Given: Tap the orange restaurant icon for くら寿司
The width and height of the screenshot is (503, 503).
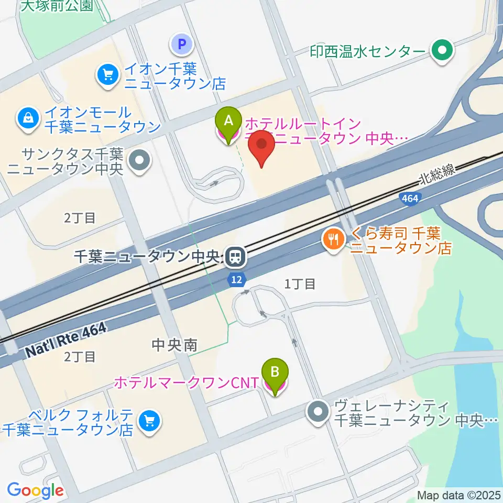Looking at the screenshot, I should (x=333, y=240).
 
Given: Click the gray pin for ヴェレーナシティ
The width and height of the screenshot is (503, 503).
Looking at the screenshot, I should (x=319, y=412).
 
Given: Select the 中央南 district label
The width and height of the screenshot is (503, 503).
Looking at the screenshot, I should (x=174, y=345).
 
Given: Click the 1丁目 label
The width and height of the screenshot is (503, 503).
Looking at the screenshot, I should (x=300, y=284).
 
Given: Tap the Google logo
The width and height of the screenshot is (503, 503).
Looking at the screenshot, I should (x=35, y=490).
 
